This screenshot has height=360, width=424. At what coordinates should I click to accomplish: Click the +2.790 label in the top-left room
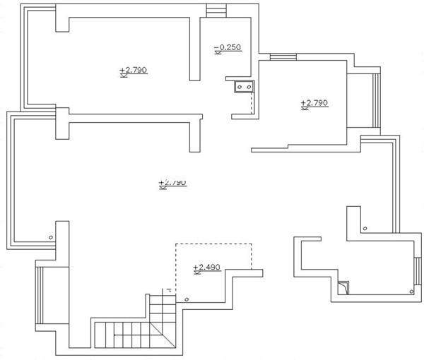133,70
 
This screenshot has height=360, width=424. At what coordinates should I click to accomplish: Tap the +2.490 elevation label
207,267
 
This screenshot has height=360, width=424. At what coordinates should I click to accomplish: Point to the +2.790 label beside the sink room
314,103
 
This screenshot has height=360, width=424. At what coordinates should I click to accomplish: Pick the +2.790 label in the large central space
172,183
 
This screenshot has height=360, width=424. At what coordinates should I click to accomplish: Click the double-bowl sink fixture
244,87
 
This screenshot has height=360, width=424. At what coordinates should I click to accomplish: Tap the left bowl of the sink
240,87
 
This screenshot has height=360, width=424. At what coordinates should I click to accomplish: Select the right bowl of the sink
248,87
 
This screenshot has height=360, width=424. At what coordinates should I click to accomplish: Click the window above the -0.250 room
215,10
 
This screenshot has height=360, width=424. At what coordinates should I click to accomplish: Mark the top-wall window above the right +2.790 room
282,57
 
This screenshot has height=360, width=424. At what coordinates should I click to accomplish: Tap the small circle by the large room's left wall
50,237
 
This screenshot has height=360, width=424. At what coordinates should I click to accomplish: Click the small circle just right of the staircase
187,299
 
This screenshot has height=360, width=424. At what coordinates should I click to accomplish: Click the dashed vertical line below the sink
252,103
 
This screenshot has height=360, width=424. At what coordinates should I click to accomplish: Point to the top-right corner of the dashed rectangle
252,244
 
